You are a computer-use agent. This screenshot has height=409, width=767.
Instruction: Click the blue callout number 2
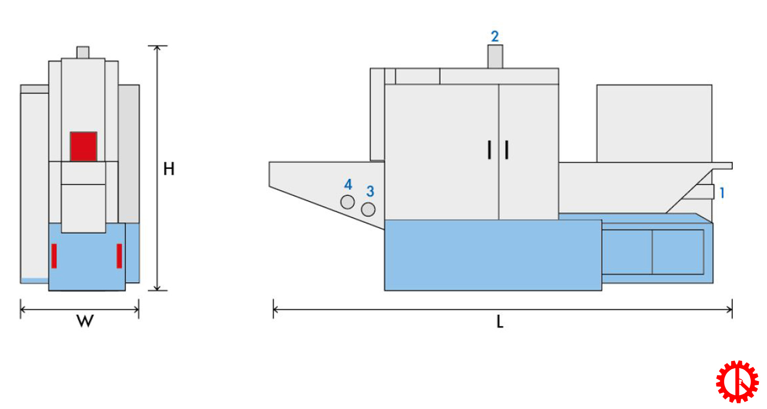(x=495, y=36)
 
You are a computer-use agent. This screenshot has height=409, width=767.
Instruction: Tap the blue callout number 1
(x=722, y=193)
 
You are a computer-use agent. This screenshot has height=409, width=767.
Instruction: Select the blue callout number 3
(x=370, y=191)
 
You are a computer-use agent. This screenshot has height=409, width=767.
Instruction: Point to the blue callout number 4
(x=348, y=185)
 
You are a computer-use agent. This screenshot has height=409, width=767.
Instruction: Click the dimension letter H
(x=169, y=169)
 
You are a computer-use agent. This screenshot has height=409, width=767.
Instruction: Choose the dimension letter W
(x=85, y=321)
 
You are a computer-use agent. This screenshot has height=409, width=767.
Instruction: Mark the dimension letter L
(x=500, y=322)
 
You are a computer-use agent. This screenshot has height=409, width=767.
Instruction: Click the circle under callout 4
(x=347, y=202)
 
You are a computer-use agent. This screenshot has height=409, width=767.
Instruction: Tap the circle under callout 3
(x=368, y=209)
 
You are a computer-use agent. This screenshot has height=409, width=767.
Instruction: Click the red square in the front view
(x=83, y=146)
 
